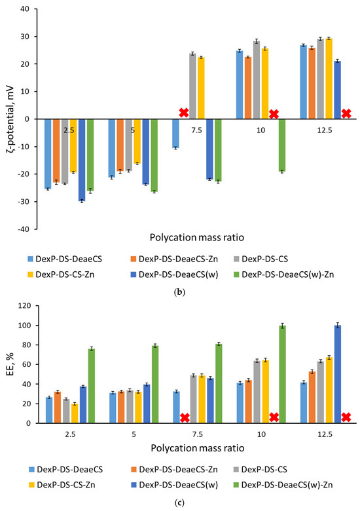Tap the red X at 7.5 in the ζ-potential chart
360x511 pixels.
(x=184, y=113)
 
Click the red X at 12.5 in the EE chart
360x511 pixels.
(x=346, y=417)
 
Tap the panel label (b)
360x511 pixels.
(x=179, y=292)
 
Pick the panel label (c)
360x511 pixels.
(x=179, y=503)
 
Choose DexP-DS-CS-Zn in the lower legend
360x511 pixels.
(x=65, y=485)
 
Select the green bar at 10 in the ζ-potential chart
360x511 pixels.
(x=281, y=145)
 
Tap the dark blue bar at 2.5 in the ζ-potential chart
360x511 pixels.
(x=82, y=160)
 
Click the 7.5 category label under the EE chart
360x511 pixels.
(x=197, y=435)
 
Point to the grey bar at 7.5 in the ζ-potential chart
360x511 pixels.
(x=192, y=86)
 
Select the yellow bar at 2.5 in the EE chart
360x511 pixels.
(x=74, y=413)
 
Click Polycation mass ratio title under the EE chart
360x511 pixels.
(x=197, y=448)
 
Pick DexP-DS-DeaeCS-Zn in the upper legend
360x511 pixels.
(x=178, y=259)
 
